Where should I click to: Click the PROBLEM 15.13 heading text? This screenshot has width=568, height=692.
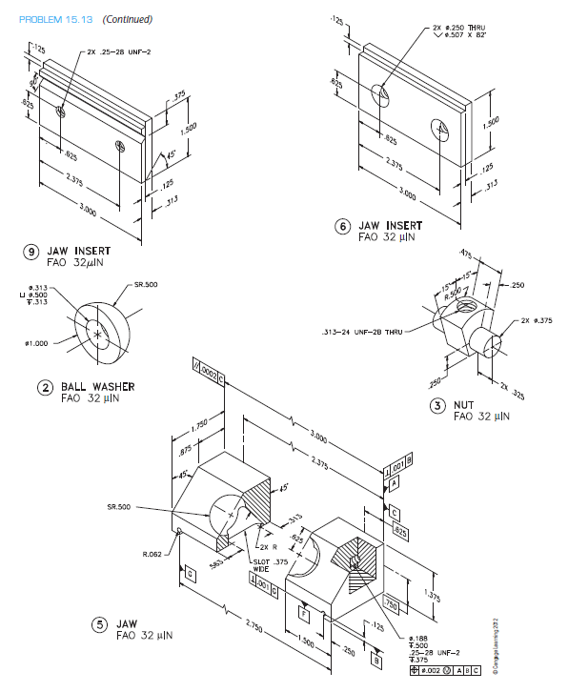pyautogui.click(x=47, y=19)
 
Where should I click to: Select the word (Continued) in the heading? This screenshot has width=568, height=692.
pyautogui.click(x=126, y=19)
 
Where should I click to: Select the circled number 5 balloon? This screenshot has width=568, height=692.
pyautogui.click(x=97, y=625)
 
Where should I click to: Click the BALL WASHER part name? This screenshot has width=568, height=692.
pyautogui.click(x=98, y=387)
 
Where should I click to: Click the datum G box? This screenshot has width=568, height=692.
pyautogui.click(x=190, y=575)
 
